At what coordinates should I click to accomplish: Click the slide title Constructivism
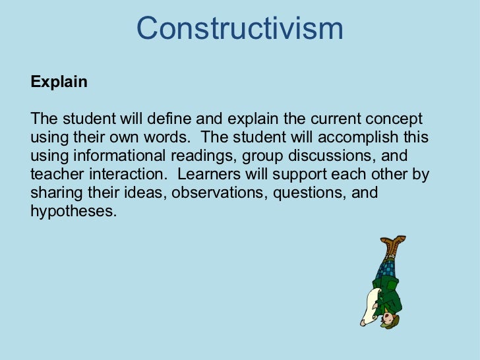pyautogui.click(x=240, y=28)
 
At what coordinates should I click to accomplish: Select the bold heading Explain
pyautogui.click(x=59, y=82)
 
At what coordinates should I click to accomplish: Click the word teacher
pyautogui.click(x=55, y=175)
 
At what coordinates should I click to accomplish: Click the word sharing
pyautogui.click(x=55, y=194)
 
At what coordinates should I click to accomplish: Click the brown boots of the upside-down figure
pyautogui.click(x=394, y=247)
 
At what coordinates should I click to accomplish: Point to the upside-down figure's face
pyautogui.click(x=392, y=321)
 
